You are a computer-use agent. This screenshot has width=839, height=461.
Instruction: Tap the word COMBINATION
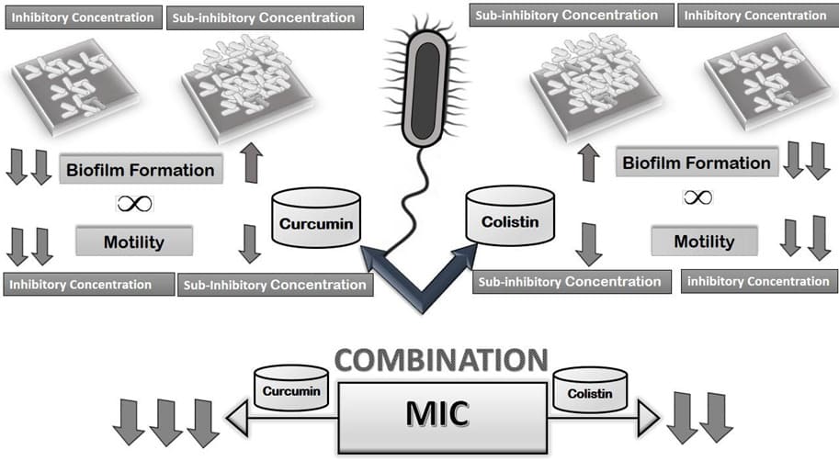(x=440, y=359)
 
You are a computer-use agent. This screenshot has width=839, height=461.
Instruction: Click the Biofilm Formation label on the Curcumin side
(x=141, y=169)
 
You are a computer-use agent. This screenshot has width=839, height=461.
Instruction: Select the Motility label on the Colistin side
(x=704, y=242)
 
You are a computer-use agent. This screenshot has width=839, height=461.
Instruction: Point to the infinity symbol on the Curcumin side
(x=135, y=203)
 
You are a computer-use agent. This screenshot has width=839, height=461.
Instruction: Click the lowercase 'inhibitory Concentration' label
(x=758, y=281)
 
